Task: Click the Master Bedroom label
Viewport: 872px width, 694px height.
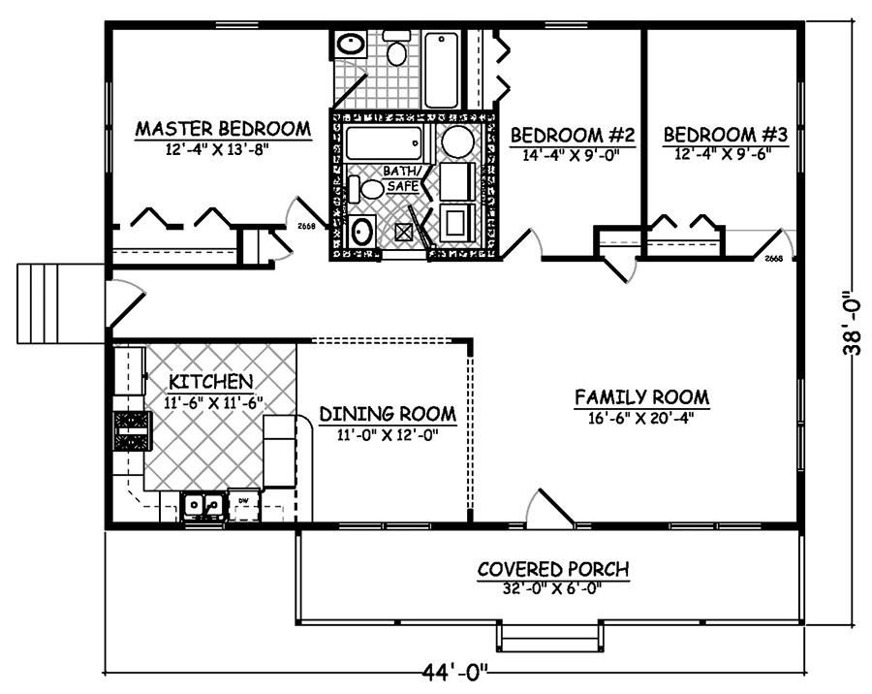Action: click(223, 128)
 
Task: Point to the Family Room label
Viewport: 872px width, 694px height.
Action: click(641, 397)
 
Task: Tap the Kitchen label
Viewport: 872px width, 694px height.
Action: click(211, 381)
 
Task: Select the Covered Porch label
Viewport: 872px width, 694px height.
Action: click(553, 568)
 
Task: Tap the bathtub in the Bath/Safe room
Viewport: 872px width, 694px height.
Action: click(384, 144)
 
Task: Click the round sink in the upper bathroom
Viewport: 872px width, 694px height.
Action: click(349, 45)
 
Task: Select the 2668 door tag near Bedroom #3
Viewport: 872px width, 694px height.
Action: click(773, 259)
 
